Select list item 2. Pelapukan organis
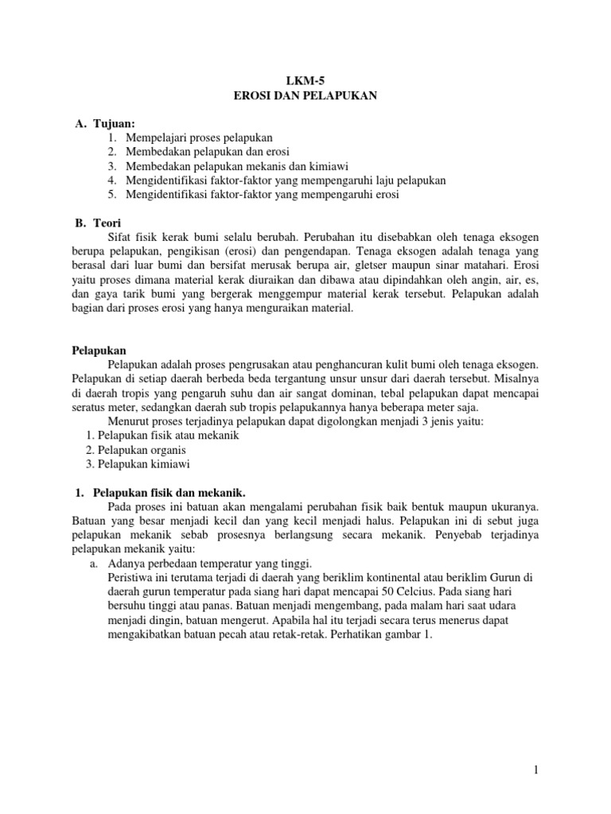click(142, 449)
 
